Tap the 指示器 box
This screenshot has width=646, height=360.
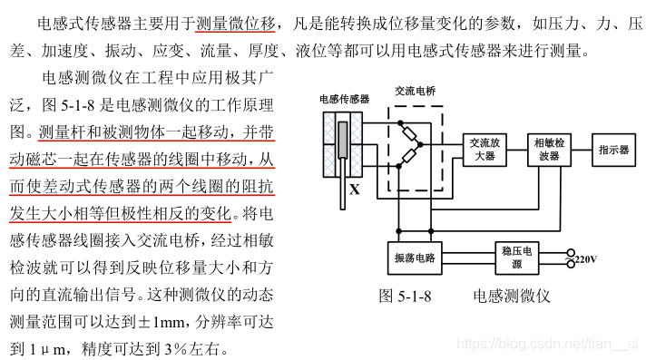(x=613, y=149)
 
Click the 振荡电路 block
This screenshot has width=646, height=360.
(x=414, y=258)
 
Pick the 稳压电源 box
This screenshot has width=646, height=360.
(x=516, y=258)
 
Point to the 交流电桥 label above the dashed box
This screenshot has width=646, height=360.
(x=415, y=92)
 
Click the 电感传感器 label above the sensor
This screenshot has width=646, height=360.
(x=345, y=97)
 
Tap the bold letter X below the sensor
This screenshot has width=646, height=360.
(x=354, y=190)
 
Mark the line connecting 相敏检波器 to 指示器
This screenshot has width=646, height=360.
(x=581, y=149)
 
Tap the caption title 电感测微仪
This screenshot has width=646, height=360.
(x=512, y=296)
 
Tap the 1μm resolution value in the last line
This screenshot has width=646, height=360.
(x=45, y=348)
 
